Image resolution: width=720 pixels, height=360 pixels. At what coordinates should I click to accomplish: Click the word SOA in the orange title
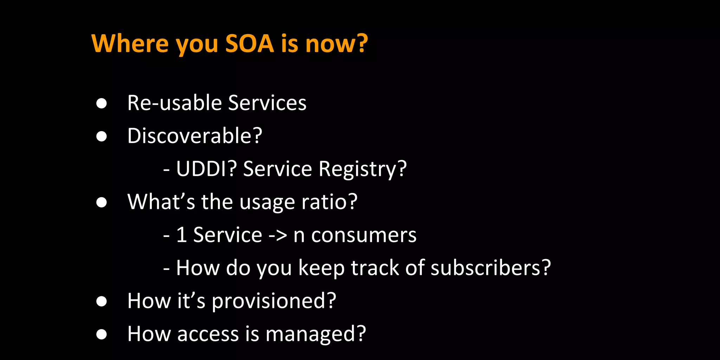pos(249,44)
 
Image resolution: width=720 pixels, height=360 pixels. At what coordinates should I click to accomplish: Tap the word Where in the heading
pos(130,44)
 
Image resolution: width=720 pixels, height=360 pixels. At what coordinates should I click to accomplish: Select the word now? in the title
pos(336,44)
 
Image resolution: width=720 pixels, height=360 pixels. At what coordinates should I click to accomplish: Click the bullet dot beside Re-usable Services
pos(102,103)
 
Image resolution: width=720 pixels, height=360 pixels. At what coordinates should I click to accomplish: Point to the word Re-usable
pos(174,103)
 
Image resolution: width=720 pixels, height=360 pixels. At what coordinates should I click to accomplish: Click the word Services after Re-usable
pos(267,103)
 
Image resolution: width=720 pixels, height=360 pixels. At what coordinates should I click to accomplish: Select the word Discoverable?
pos(195,136)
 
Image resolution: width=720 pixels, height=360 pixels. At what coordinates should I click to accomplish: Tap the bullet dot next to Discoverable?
pos(102,136)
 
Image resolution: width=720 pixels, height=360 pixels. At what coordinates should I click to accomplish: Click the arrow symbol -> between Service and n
pos(278,235)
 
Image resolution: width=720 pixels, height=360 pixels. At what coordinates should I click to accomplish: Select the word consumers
pos(364,235)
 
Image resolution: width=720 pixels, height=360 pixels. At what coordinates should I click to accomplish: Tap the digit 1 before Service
pos(181,235)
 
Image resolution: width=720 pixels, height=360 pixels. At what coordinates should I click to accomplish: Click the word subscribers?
pos(490,268)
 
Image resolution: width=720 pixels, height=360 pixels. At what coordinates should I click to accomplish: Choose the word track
pos(375,268)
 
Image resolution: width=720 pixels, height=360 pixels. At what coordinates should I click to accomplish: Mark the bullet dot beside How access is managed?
pos(102,334)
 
